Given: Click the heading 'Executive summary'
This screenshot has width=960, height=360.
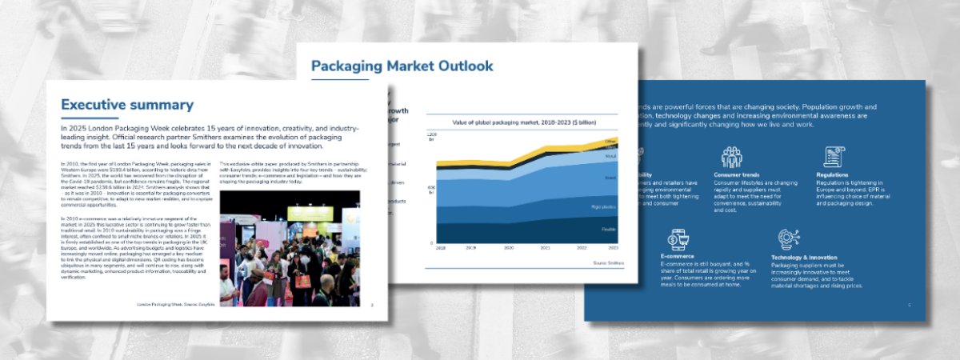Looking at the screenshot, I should [x=127, y=105].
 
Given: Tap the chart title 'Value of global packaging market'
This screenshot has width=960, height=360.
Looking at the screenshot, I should [x=521, y=122].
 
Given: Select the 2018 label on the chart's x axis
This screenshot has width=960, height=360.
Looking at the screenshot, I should [x=440, y=249].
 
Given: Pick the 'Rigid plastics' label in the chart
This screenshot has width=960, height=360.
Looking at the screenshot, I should [x=603, y=207].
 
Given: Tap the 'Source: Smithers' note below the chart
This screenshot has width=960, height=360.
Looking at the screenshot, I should [x=608, y=262].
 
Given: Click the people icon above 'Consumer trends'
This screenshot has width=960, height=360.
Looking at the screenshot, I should [x=731, y=156].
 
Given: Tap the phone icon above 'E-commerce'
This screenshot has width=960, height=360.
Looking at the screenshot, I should [x=679, y=239].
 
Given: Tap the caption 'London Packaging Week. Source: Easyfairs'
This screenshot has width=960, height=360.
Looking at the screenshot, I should [x=177, y=305].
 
